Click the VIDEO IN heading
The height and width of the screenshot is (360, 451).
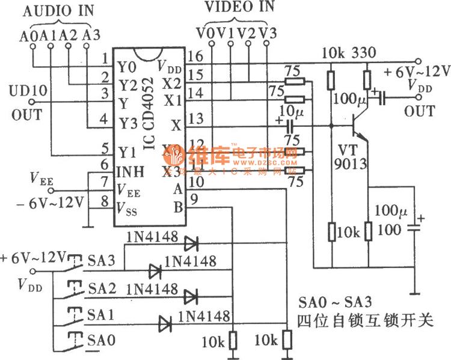point(239,7)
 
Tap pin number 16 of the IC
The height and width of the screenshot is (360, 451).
point(196,58)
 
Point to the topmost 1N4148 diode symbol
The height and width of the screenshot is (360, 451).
point(191,243)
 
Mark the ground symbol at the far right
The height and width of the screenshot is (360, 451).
point(414,294)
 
